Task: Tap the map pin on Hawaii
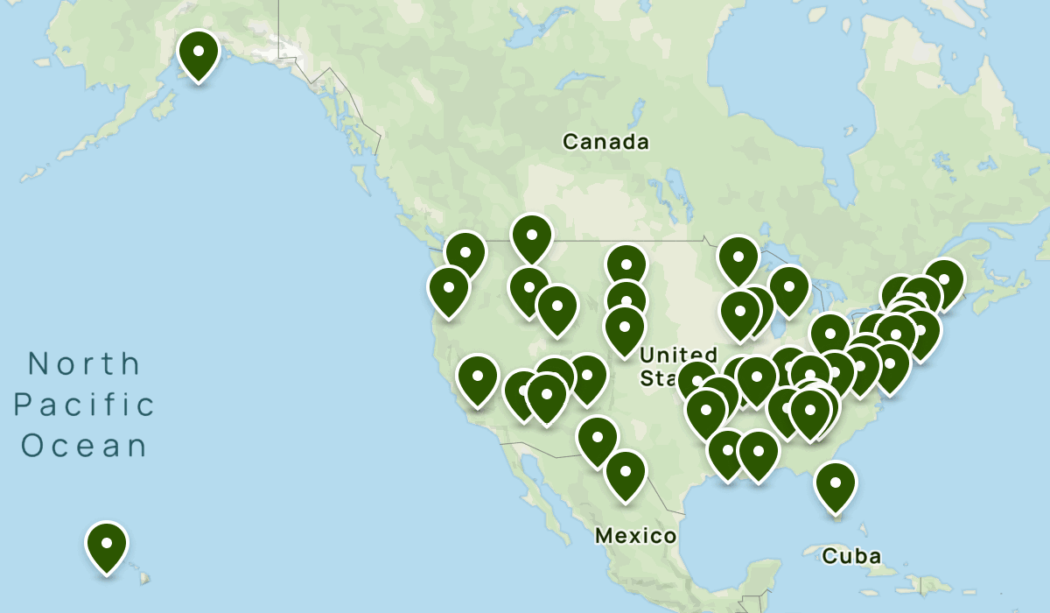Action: pos(106,544)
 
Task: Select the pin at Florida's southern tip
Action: pos(836,483)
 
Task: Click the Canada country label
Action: pos(605,142)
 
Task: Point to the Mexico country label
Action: pos(635,536)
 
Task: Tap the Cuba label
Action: pos(850,556)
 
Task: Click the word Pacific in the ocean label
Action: pos(85,405)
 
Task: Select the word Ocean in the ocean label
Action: pos(85,446)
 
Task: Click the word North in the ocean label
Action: pos(84,363)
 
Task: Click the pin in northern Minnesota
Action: pos(738,257)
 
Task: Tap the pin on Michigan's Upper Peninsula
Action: pos(788,286)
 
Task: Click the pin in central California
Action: pos(478,377)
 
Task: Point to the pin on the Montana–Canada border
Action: pos(531,236)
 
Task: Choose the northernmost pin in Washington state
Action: pos(465,253)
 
